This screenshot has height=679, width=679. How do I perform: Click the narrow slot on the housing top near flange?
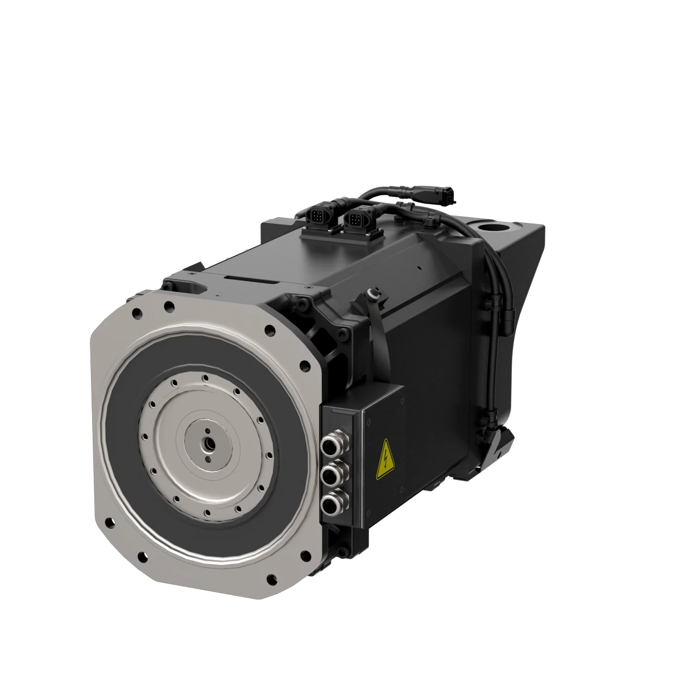pyautogui.click(x=251, y=278)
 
